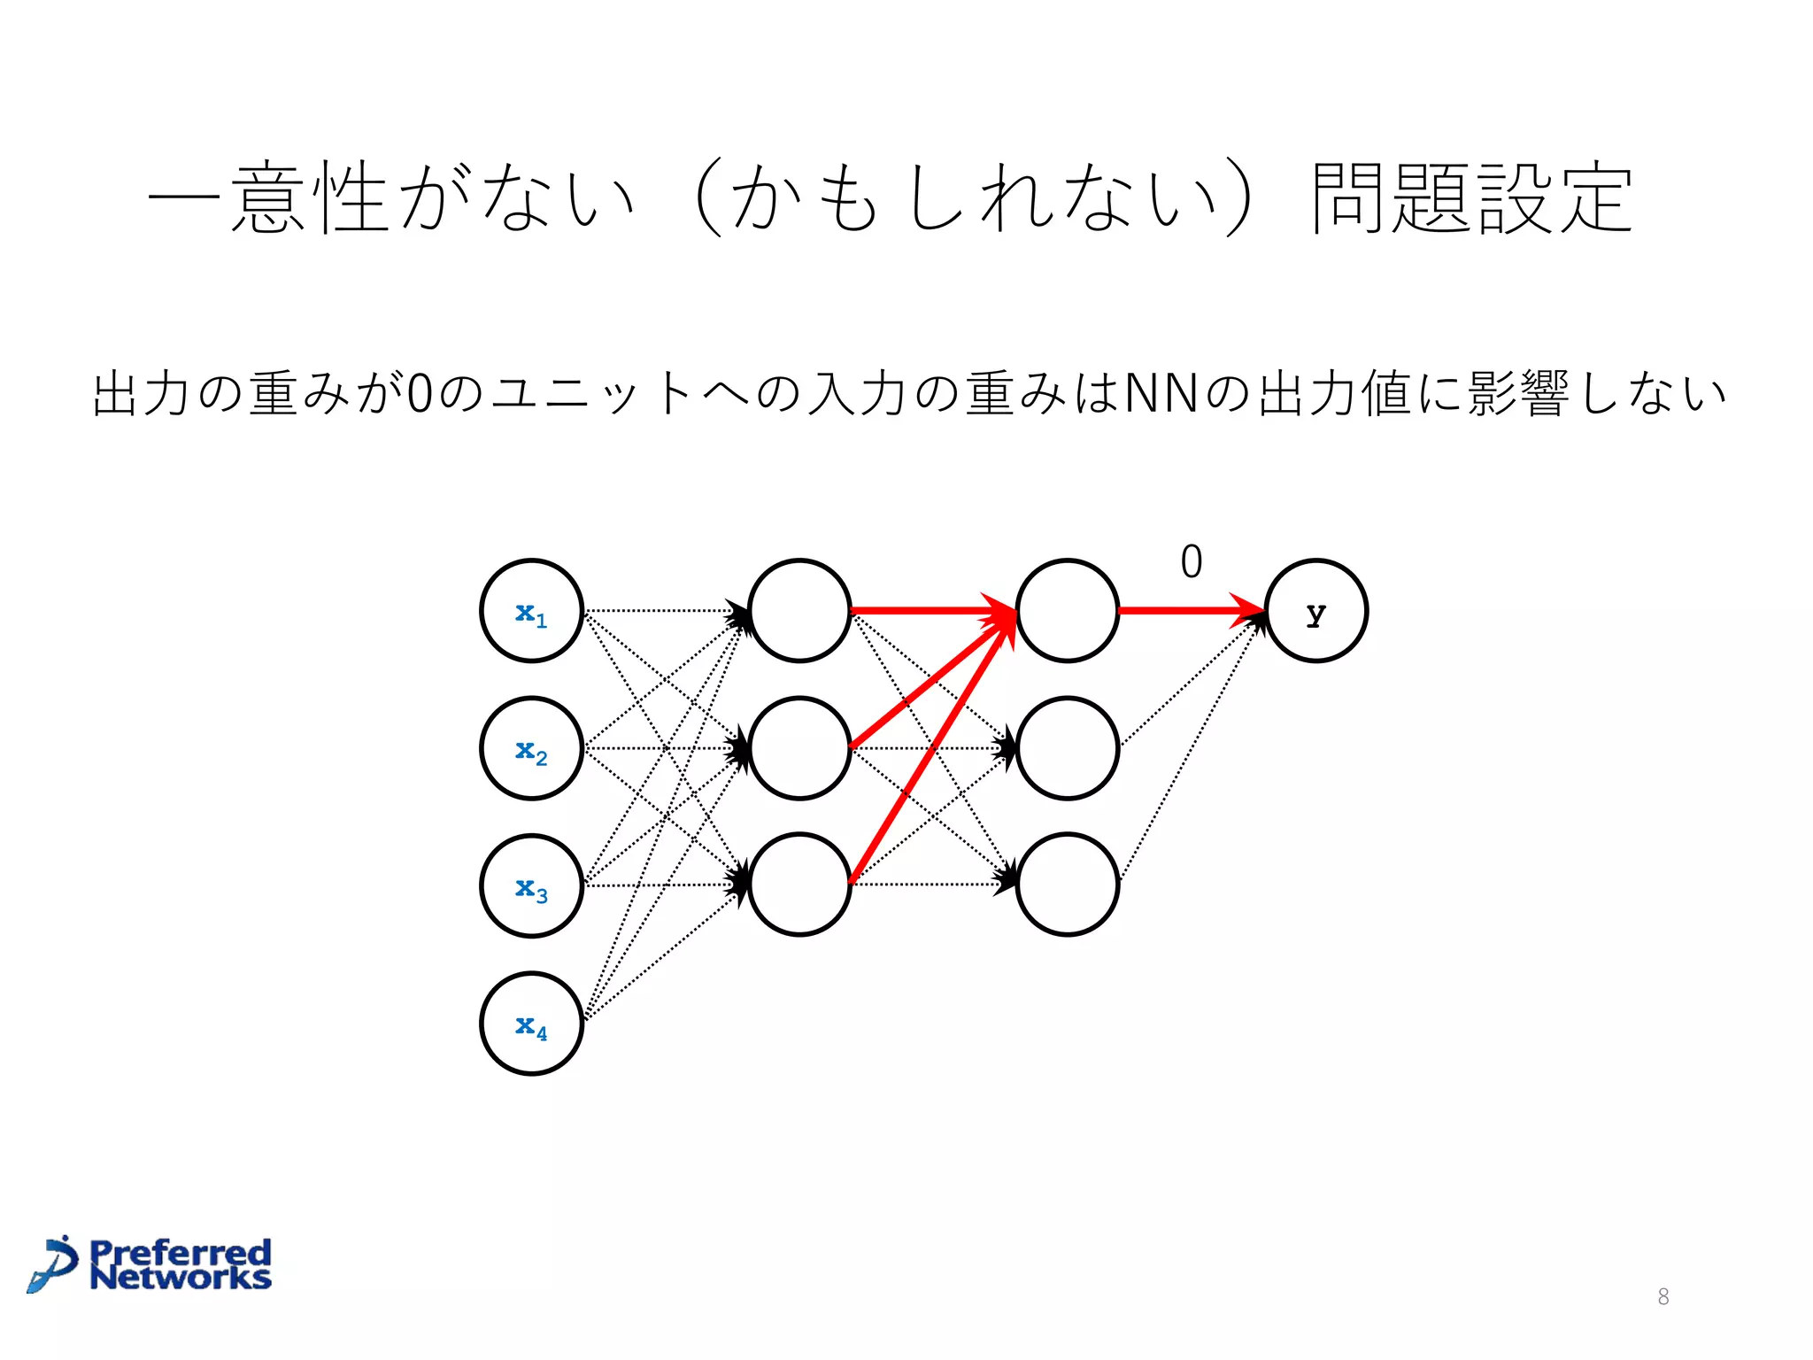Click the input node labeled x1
click(x=531, y=611)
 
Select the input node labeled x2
click(x=531, y=749)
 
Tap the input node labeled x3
click(x=531, y=885)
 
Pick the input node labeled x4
click(x=531, y=1024)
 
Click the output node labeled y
click(x=1316, y=611)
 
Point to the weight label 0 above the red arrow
click(x=1192, y=562)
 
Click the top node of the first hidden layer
click(x=799, y=611)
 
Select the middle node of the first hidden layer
click(x=799, y=749)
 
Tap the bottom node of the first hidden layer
click(x=799, y=885)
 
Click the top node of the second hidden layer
click(x=1068, y=611)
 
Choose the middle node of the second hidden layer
click(x=1068, y=749)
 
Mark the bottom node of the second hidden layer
click(x=1068, y=885)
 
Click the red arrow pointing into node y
click(x=1186, y=610)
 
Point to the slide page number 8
click(x=1663, y=1297)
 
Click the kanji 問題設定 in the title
click(x=1471, y=198)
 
